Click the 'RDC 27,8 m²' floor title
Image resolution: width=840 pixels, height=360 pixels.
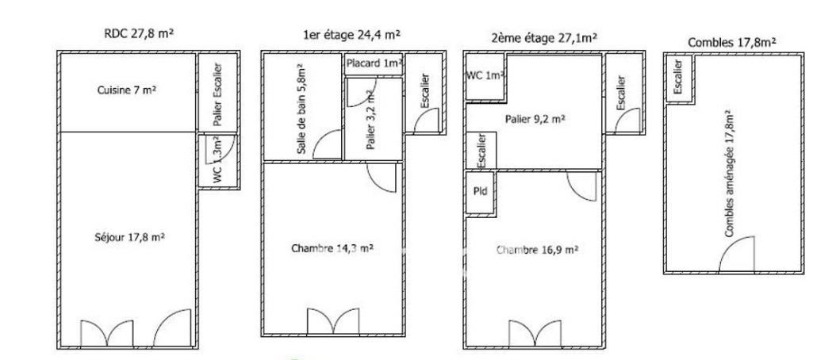139,33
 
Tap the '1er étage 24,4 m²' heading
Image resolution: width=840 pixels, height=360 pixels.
352,35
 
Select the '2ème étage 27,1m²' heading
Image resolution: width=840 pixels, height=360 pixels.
544,37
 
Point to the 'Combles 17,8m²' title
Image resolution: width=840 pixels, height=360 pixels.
732,43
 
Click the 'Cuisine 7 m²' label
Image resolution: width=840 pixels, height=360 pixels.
126,90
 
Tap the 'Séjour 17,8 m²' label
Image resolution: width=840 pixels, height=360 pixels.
129,236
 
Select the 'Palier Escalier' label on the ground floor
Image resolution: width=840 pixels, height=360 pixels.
217,94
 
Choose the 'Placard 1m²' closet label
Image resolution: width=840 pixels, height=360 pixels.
374,63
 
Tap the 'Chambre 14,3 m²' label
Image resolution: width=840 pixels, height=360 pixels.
332,248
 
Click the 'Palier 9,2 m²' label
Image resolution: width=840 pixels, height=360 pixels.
535,120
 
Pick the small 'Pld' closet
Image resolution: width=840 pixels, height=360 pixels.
481,191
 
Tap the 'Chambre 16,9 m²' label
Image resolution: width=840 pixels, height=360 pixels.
537,250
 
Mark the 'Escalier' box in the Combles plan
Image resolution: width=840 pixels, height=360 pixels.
679,79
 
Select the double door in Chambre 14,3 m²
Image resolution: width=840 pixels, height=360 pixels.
334,321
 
